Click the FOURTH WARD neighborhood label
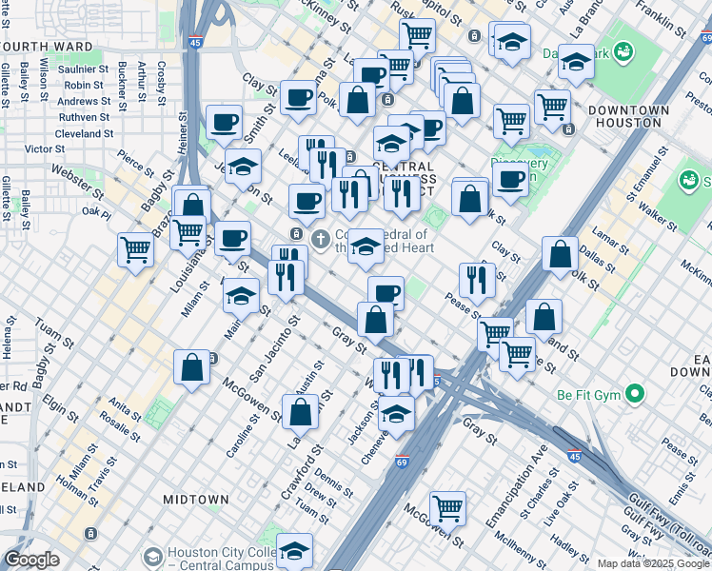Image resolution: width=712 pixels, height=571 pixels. coord(47,46)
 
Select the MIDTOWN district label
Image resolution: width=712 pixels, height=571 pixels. coord(195,499)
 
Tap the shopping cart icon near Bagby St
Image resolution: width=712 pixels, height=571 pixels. coord(136,250)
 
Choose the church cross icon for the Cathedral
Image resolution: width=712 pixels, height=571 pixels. coord(322,237)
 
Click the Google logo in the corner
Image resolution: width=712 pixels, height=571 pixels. coord(31,560)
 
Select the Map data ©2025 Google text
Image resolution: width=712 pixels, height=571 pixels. coord(653,563)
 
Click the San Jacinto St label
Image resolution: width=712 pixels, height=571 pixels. coord(267,352)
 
